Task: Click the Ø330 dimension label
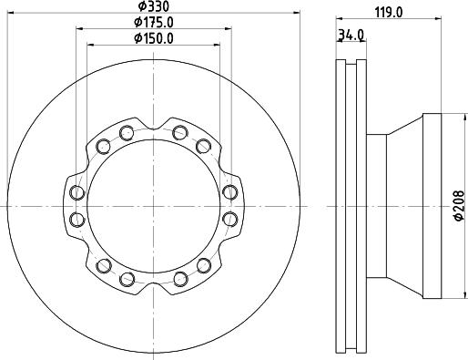click(x=153, y=6)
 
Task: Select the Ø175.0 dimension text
click(x=154, y=22)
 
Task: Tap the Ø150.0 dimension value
click(x=154, y=38)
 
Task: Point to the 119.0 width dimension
click(x=389, y=13)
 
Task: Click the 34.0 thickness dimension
click(x=351, y=36)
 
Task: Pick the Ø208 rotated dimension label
click(x=460, y=205)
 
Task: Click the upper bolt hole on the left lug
click(x=77, y=192)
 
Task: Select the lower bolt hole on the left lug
click(x=77, y=220)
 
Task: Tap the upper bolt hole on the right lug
click(x=230, y=192)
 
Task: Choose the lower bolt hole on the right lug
click(x=230, y=220)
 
